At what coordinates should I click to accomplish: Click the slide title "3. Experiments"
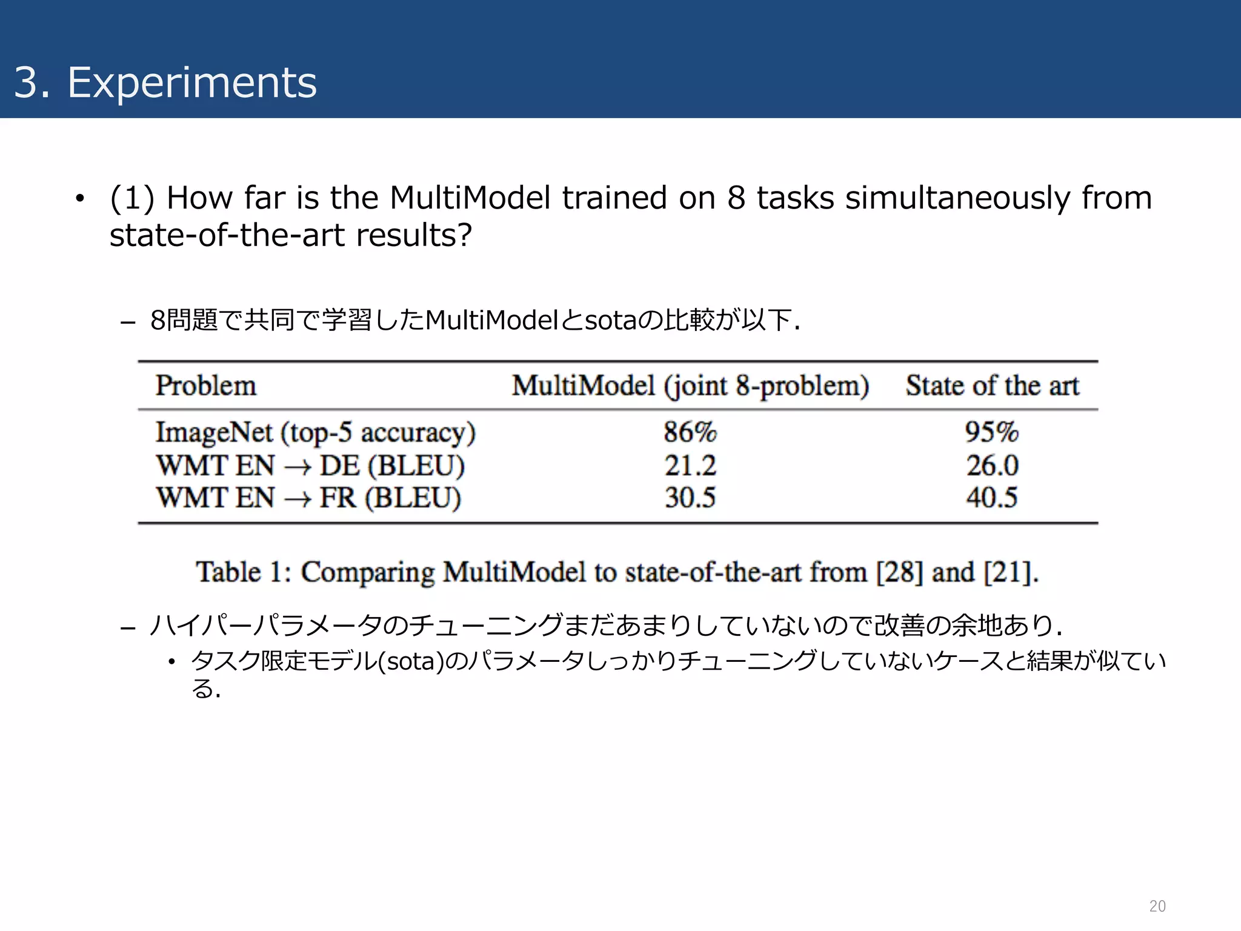pos(165,82)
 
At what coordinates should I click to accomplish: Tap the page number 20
pos(1157,906)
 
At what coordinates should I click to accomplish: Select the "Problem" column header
pos(206,386)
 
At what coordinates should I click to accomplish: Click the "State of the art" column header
pos(992,386)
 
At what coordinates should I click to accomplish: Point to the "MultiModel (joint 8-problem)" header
pos(690,386)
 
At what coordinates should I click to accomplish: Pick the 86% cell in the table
pos(690,433)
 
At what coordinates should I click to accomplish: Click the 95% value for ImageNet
pos(992,433)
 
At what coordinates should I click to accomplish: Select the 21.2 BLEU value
pos(690,466)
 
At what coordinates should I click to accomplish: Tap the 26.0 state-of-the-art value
pos(992,466)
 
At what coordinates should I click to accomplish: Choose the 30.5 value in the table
pos(690,498)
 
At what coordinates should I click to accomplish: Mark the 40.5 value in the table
pos(992,498)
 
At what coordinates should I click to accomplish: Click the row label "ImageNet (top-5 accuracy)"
pos(315,433)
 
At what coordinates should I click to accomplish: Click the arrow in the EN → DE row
pos(297,467)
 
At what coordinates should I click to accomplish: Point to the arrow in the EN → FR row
pos(297,499)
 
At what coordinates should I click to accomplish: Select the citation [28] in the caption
pos(899,572)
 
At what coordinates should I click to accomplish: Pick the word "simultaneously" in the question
pos(957,198)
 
